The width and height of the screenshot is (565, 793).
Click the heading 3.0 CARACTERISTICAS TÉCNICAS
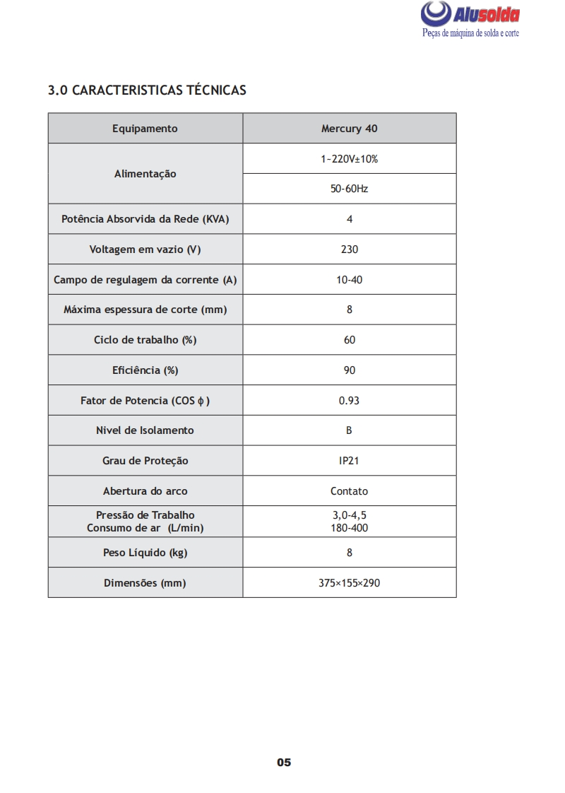point(147,90)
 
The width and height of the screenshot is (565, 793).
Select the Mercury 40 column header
point(349,129)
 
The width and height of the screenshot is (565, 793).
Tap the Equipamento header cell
point(145,129)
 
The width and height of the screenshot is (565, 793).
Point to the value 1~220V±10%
point(349,159)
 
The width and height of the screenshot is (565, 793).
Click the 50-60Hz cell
point(349,189)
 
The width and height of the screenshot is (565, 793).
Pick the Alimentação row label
point(145,174)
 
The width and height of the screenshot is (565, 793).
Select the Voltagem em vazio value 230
point(349,249)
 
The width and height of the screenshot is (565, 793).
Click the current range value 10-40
point(349,280)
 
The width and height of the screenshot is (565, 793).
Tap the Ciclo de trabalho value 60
point(349,340)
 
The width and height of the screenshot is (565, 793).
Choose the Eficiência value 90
point(349,370)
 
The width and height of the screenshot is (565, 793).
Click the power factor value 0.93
point(349,401)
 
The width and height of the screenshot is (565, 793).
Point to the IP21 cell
point(349,461)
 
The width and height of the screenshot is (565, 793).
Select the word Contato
point(349,491)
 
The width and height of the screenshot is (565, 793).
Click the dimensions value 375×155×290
point(349,583)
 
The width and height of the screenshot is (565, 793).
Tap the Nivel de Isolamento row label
point(145,430)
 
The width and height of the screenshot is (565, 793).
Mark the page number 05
point(284,763)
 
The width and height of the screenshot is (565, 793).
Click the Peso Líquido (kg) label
point(145,553)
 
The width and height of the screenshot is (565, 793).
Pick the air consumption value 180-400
point(349,528)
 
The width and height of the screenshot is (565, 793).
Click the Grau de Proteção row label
point(145,461)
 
